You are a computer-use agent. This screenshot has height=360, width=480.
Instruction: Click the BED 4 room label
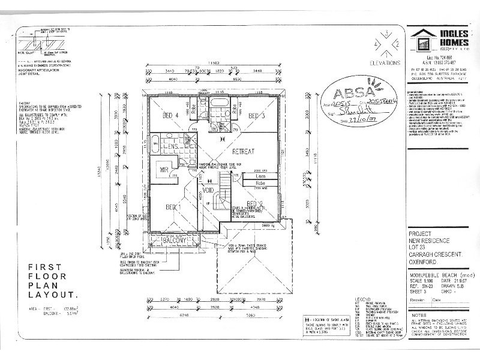point(172,116)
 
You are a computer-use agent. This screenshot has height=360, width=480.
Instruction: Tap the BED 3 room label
point(257,116)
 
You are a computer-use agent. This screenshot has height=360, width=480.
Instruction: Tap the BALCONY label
point(175,241)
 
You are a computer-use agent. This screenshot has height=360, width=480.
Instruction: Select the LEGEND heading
point(365,298)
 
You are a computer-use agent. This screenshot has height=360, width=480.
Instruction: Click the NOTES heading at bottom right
point(420,313)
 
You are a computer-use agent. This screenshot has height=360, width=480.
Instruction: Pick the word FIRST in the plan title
point(44,268)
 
